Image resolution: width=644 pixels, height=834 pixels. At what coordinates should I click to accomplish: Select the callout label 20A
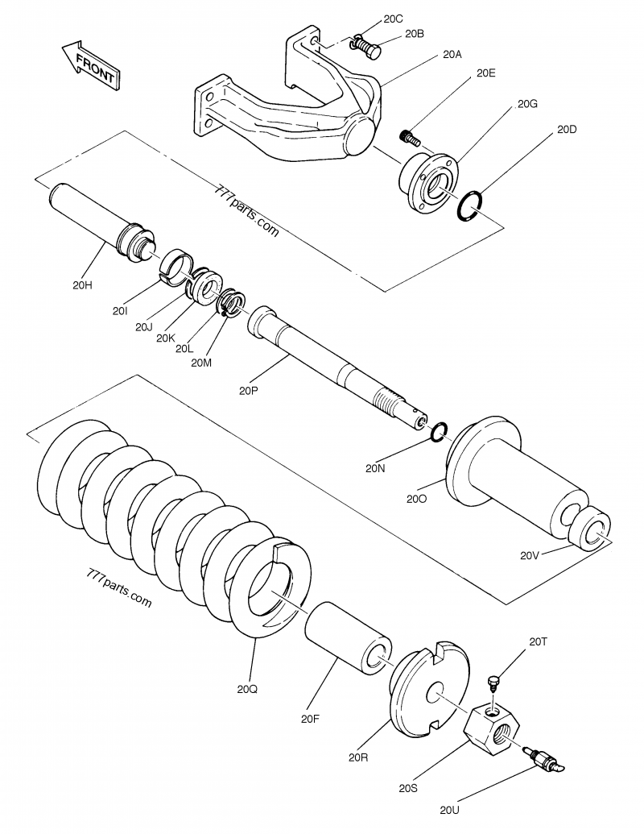coord(452,56)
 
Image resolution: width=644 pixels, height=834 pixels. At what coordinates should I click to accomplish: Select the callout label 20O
coord(417,499)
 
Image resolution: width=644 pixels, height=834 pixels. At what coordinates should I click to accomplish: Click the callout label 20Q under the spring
coord(248,689)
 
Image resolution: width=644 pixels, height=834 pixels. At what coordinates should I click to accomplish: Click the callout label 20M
coord(201,362)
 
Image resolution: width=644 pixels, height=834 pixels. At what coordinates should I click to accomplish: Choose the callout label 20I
coord(122,310)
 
